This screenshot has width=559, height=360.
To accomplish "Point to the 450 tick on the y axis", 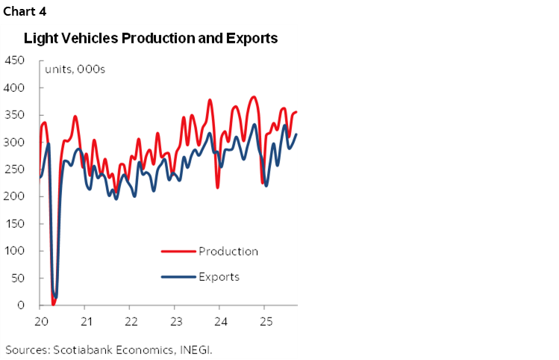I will click(x=15, y=60).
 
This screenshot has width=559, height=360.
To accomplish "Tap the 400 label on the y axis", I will click(x=15, y=88).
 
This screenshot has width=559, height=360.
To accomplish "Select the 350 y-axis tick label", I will click(x=15, y=115).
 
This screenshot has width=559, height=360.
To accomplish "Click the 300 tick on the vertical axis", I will click(x=15, y=143).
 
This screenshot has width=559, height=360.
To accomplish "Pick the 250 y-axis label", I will click(x=15, y=170).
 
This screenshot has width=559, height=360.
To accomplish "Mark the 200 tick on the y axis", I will click(x=15, y=196).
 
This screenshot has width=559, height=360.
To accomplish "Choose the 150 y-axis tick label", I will click(x=15, y=224).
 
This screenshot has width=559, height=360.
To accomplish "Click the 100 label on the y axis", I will click(x=15, y=251).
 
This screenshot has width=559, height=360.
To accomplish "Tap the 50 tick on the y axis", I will click(x=18, y=279).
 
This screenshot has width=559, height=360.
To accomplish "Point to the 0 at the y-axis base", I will click(x=21, y=305).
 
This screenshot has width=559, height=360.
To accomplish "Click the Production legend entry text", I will click(x=228, y=251).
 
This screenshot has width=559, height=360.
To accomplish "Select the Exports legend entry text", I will click(x=219, y=276).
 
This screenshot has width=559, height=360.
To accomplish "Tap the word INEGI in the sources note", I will click(x=202, y=349).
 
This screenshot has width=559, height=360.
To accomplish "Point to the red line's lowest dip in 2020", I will click(x=53, y=304).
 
